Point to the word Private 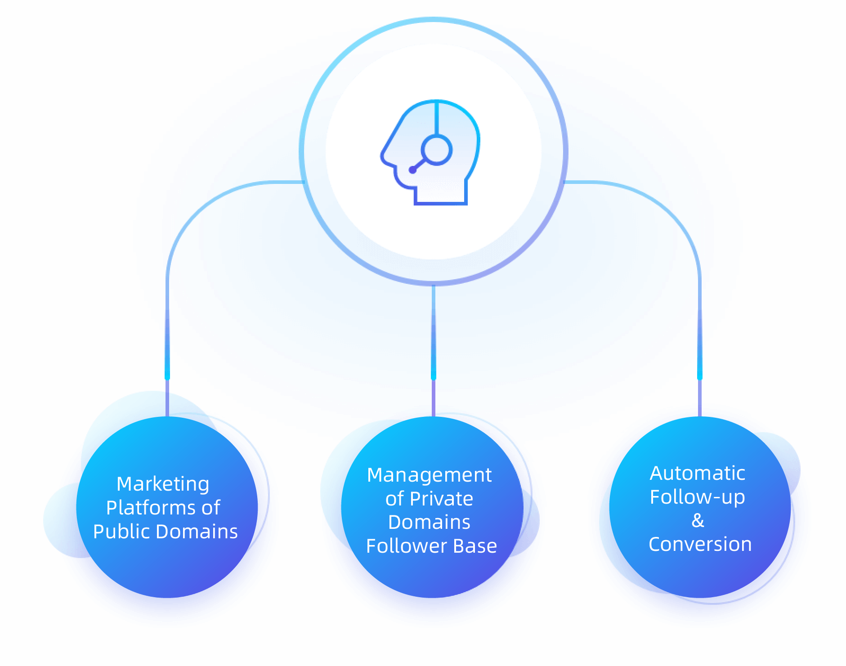pyautogui.click(x=441, y=499)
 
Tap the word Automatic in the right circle pyautogui.click(x=698, y=473)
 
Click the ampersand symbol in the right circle pyautogui.click(x=698, y=520)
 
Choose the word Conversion pyautogui.click(x=700, y=544)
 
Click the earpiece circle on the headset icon pyautogui.click(x=436, y=150)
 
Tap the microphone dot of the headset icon pyautogui.click(x=412, y=170)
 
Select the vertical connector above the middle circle pyautogui.click(x=434, y=350)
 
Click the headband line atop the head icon pyautogui.click(x=436, y=118)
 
